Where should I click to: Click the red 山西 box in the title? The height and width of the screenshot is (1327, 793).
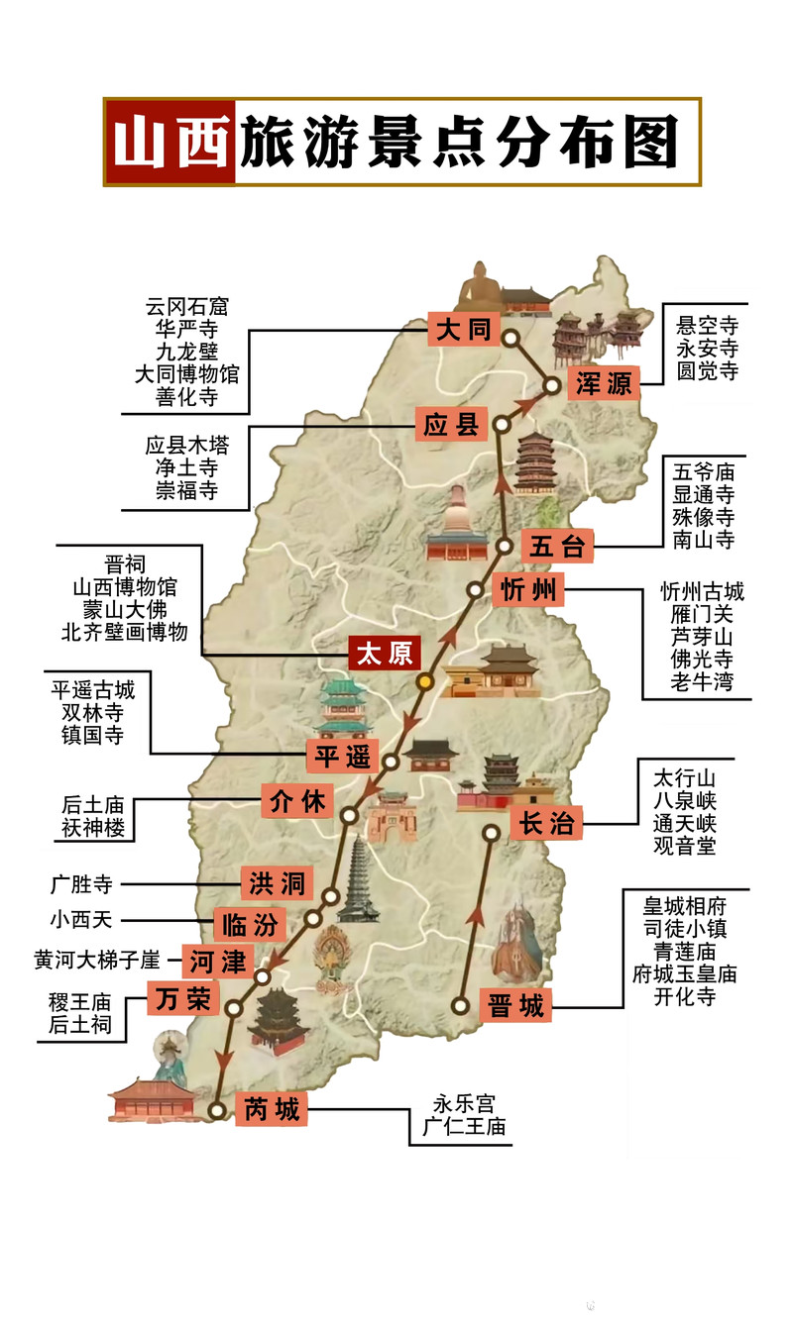[x=170, y=142]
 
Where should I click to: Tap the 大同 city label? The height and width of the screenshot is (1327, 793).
[x=465, y=329]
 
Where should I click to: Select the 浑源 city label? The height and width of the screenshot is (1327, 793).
[x=604, y=383]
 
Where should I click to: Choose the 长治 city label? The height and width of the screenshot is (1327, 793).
[x=546, y=822]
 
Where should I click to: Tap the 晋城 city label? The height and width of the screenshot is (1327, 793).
[x=516, y=1006]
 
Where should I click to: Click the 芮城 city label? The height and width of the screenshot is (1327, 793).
[x=271, y=1109]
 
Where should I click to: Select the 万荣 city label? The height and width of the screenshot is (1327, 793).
[x=183, y=998]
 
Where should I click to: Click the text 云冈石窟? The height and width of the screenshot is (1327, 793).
[x=186, y=307]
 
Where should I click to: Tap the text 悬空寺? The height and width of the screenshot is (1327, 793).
[x=707, y=326]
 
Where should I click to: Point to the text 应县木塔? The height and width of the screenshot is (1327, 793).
[x=186, y=446]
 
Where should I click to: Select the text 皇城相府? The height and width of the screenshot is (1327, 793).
[x=684, y=906]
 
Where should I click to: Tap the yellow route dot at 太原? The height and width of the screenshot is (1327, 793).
[x=424, y=681]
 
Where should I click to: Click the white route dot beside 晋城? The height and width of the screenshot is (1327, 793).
[x=461, y=1006]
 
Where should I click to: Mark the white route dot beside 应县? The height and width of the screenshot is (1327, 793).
[x=503, y=425]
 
